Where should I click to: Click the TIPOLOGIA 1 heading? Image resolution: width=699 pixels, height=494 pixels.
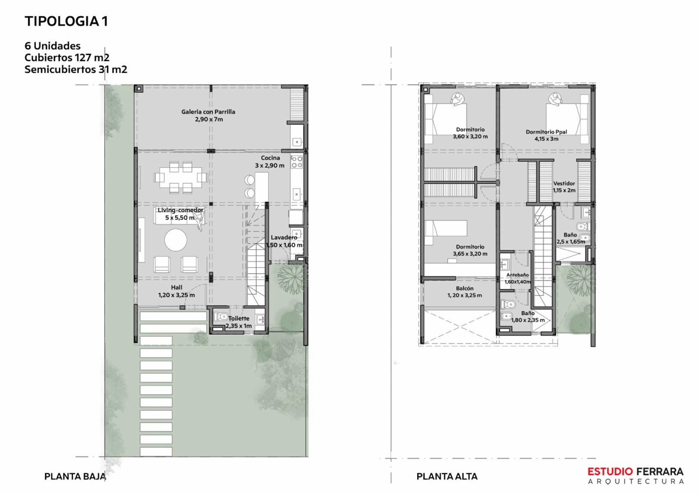point(66,21)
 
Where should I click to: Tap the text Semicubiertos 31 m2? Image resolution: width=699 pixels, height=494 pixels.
point(76,69)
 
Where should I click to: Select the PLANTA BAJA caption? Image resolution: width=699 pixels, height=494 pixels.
point(75,476)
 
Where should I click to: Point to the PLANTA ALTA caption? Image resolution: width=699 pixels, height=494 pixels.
point(447,476)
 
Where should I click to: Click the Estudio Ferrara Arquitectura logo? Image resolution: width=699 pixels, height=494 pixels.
point(636,475)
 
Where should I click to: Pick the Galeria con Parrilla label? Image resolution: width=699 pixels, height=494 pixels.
point(208,112)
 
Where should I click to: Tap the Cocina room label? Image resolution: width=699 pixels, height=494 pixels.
point(270,158)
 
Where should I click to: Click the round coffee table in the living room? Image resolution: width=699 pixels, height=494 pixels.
point(176,240)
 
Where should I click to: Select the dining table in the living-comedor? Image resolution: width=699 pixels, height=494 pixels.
point(180,177)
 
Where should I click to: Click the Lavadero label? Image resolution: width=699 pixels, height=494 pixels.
point(284,238)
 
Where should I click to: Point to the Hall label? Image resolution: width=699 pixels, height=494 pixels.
point(176,287)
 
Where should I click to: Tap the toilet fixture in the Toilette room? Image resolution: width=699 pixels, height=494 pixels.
point(221,317)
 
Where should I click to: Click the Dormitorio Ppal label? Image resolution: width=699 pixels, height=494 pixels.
point(546,132)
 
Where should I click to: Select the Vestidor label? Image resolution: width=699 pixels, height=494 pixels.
point(564,183)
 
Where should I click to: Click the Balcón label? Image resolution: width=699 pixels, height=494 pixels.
point(465,289)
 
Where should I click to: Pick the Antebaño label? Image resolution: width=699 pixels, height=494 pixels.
point(517,275)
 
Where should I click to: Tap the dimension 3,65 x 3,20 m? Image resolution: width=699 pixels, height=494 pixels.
point(470,254)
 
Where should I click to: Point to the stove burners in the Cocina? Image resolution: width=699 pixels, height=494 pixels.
point(297,162)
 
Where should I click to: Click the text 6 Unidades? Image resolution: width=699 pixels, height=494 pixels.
point(52,46)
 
